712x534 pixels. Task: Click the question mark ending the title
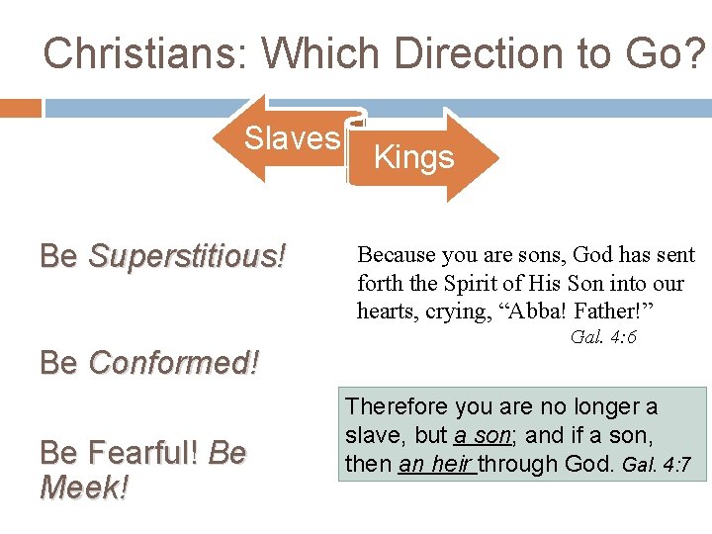tap(697, 53)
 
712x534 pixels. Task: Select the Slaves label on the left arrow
tap(292, 138)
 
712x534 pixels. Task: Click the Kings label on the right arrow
tap(413, 157)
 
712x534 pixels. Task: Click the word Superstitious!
tap(187, 256)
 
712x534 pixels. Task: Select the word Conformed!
tap(173, 363)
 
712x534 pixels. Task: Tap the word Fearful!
tap(143, 454)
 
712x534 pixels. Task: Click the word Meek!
tap(84, 488)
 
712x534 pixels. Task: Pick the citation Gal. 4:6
tap(603, 337)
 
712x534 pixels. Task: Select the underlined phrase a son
tap(481, 435)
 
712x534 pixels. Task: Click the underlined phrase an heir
tap(435, 463)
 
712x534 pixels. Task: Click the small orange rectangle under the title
tap(20, 106)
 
